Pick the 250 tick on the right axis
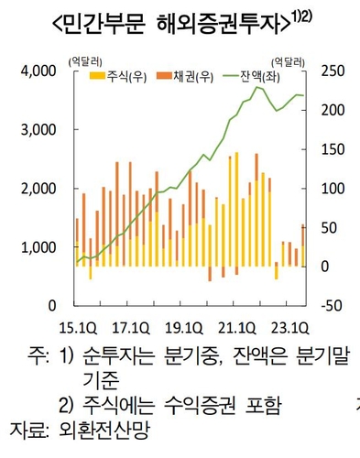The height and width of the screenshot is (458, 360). click(x=333, y=71)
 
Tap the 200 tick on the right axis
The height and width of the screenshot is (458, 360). click(x=333, y=110)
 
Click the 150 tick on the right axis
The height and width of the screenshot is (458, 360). click(x=333, y=149)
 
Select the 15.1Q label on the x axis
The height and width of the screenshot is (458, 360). click(x=78, y=326)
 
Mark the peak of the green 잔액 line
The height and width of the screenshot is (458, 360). click(x=257, y=87)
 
